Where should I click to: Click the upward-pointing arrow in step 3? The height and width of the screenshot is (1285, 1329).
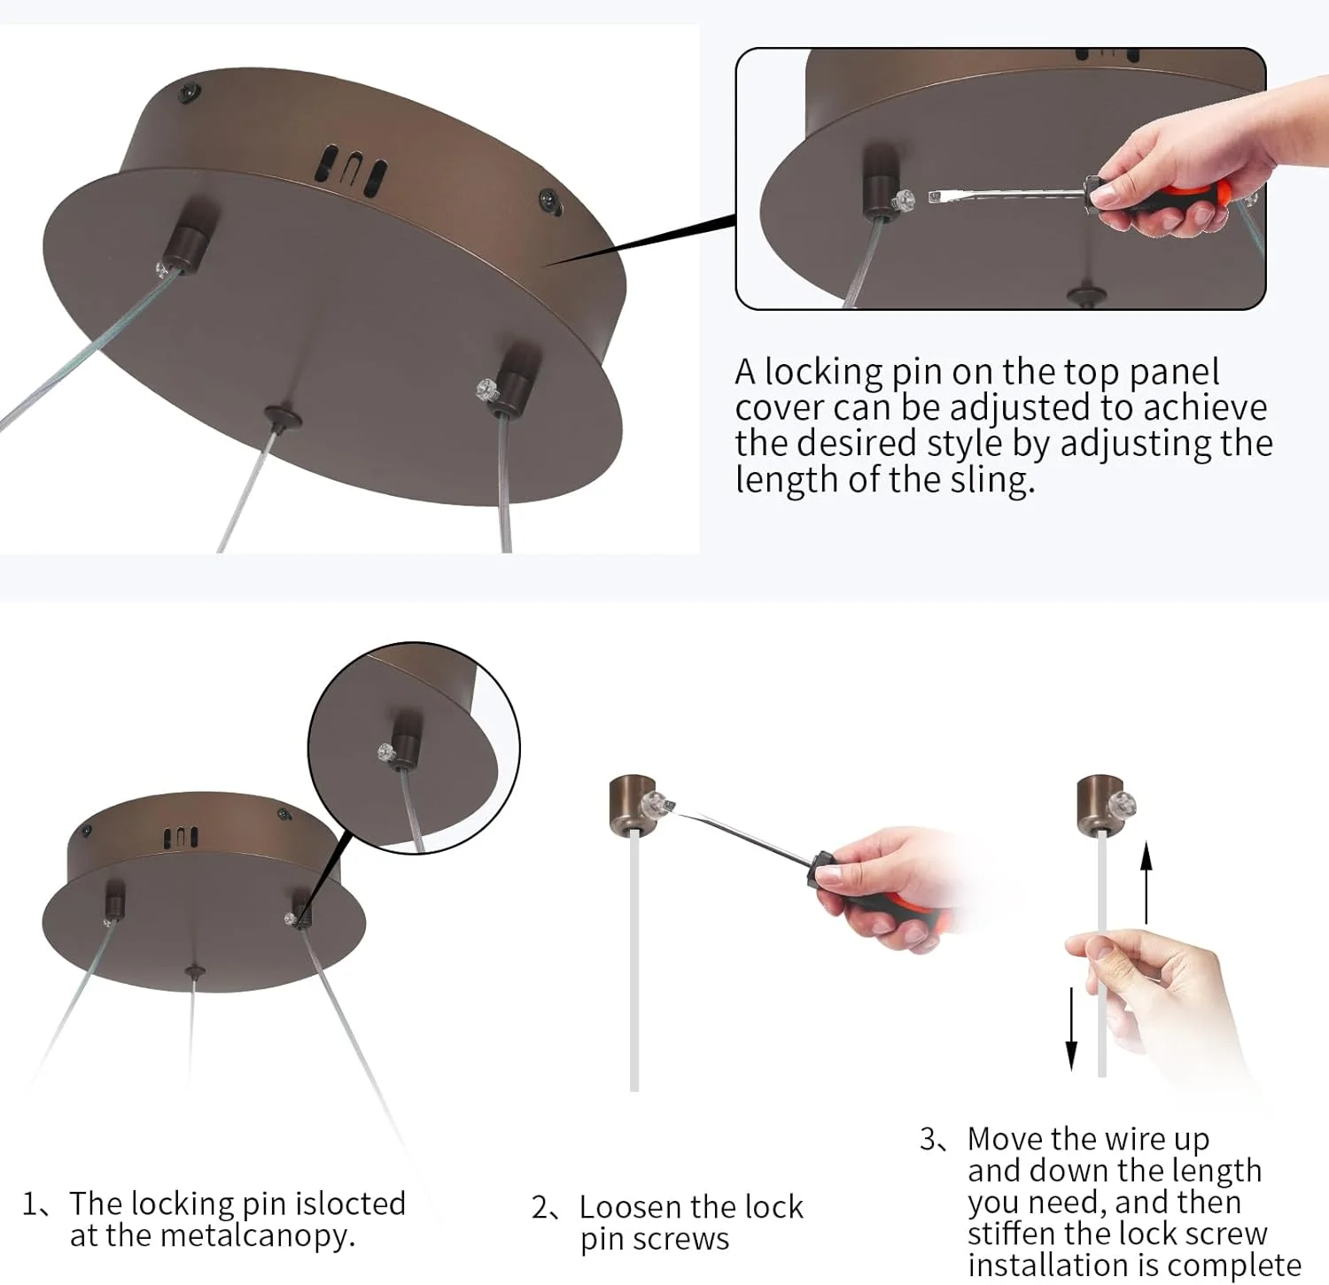tap(1146, 883)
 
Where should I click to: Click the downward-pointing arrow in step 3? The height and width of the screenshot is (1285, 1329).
tap(1071, 1028)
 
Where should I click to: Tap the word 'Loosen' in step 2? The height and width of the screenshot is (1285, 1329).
tap(631, 1207)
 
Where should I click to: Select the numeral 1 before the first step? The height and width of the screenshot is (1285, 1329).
tap(29, 1204)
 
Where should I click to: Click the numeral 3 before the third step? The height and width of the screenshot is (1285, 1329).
tap(929, 1139)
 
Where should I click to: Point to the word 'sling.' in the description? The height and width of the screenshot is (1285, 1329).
tap(991, 479)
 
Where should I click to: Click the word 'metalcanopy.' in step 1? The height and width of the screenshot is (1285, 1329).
tap(213, 1236)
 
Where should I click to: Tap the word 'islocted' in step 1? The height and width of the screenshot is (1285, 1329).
tap(350, 1204)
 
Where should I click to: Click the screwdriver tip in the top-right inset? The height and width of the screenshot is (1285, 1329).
tap(934, 197)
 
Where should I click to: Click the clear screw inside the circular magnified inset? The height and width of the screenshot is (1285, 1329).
tap(386, 754)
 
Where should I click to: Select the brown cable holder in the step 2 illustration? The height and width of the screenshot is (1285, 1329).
tap(633, 804)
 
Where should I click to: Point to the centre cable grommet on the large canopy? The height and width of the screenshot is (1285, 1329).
tap(282, 417)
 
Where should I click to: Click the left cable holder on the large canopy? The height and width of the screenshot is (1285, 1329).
tap(185, 240)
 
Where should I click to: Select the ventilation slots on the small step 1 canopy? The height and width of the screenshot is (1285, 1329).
tap(180, 837)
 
